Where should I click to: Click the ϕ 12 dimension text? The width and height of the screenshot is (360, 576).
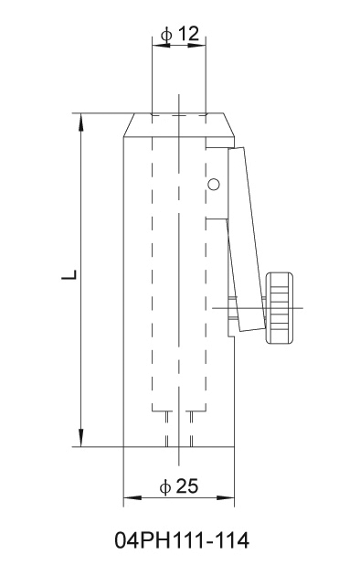(180, 34)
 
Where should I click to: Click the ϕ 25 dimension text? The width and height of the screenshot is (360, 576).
(179, 486)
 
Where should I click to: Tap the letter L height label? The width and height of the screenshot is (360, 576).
(69, 275)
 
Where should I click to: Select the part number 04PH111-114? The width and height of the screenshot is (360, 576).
(182, 540)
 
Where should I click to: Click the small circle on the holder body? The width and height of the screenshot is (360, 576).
(213, 184)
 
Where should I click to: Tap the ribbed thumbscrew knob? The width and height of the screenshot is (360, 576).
(280, 308)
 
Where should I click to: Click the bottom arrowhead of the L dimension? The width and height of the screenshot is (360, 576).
(81, 438)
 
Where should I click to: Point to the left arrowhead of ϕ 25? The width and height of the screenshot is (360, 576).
(132, 498)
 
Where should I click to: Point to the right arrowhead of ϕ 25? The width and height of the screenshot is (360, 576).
(226, 498)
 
